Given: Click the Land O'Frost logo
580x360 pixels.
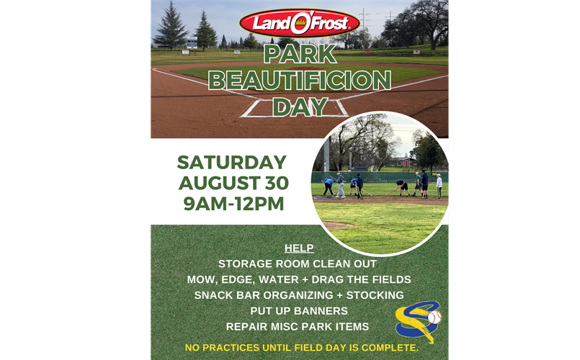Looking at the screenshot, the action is coord(300,23).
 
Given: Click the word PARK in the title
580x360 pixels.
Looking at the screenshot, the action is coord(300,54).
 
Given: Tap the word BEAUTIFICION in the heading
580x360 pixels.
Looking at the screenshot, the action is coord(300,80).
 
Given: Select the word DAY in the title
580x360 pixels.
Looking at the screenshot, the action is coord(300,107).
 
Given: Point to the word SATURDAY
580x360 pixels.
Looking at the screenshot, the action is coord(232,162).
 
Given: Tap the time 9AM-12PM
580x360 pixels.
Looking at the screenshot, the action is coord(233,204).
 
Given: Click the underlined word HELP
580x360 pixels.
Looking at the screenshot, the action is coord(299,248).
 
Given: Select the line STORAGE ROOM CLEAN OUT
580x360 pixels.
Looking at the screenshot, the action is coord(298,264).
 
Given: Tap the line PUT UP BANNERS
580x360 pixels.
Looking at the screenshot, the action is coord(299,311).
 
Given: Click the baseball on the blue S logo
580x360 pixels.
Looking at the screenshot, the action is coord(434,318).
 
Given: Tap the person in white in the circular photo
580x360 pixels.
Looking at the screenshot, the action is coord(439,186).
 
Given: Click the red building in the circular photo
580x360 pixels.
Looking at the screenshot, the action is coord(406,163).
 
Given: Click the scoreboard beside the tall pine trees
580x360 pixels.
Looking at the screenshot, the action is coord(192,42).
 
